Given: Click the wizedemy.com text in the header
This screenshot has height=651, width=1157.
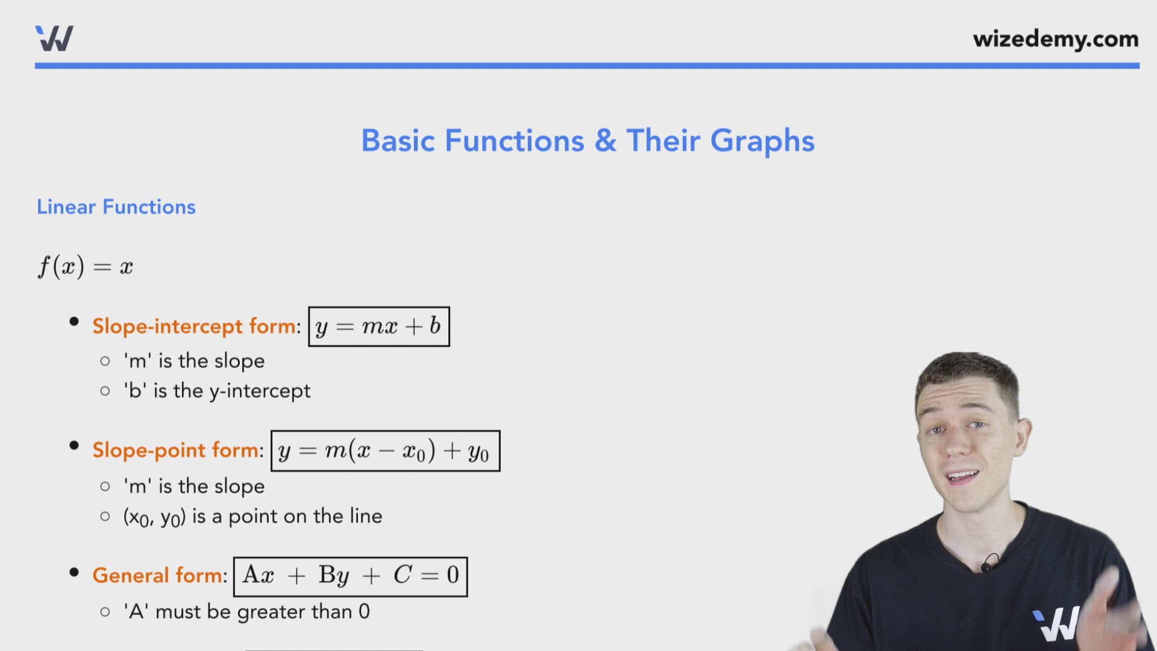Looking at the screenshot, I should tap(1055, 39).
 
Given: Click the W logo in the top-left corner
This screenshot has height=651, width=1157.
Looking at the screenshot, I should tap(54, 39).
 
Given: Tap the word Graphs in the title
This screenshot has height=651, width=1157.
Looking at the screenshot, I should tap(762, 141).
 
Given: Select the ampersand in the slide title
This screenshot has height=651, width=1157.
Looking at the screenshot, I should tap(605, 141).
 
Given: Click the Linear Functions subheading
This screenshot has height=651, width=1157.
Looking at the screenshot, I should tap(116, 207).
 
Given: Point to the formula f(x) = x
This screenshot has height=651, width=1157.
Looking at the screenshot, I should tap(86, 266).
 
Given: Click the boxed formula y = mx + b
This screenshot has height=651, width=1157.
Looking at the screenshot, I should tap(378, 327).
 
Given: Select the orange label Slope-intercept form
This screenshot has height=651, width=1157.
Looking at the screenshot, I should tap(195, 326).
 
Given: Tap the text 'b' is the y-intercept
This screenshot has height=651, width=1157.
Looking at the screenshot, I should tap(217, 391).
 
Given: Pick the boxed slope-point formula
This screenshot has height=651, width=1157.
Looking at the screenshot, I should tap(385, 451).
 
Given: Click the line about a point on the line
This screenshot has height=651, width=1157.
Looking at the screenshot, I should tap(252, 517).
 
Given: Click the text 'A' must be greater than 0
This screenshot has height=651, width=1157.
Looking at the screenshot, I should tap(246, 612).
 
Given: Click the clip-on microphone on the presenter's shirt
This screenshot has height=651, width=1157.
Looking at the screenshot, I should tap(986, 565).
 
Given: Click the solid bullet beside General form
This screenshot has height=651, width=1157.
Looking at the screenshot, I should tap(74, 573).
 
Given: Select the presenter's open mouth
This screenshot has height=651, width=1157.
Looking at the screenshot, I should tap(964, 477).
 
